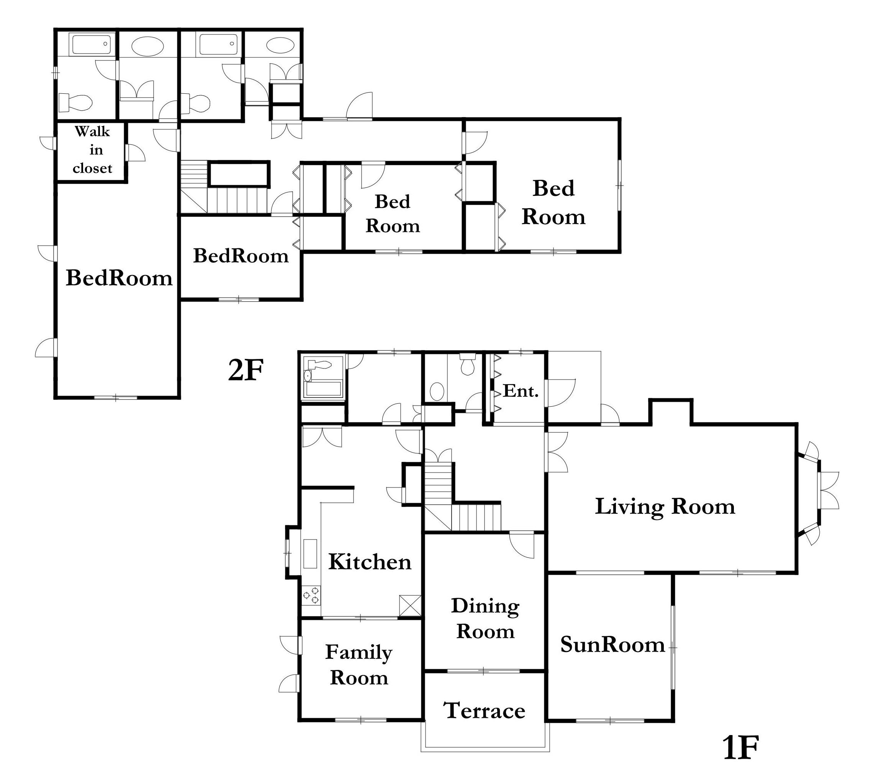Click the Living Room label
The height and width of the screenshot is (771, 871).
pos(665,507)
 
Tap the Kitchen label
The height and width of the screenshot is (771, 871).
pos(370,562)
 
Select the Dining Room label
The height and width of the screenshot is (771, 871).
pos(485,618)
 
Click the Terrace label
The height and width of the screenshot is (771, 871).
pos(485,711)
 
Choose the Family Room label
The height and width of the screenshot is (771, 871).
pos(359,665)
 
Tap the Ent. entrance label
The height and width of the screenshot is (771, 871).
pos(521,391)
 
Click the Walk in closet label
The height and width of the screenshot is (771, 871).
pos(92,150)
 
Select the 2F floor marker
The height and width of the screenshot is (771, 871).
pos(246,370)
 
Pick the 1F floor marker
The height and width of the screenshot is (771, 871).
pos(741,748)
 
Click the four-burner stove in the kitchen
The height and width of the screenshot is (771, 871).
pos(311,595)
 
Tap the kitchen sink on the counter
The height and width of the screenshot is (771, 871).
pos(310,553)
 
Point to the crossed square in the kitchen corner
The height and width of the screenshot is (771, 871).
pos(410,605)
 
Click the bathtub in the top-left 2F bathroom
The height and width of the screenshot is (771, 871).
pos(91,44)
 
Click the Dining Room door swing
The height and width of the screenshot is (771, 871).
pos(522,545)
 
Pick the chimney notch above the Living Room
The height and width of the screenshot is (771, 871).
pos(671,411)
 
